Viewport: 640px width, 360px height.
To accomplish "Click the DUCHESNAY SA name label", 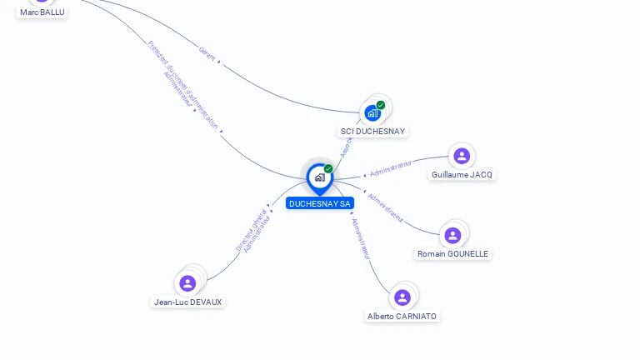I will click(x=320, y=203).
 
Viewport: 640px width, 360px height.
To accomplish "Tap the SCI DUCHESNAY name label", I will click(x=372, y=132).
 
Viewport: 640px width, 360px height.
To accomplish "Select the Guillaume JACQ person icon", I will click(x=462, y=156).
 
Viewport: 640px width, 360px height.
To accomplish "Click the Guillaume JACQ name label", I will click(x=462, y=175).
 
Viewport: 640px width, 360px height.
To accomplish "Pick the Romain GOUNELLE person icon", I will click(x=452, y=235).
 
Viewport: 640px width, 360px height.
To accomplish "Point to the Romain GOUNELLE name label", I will click(x=453, y=254).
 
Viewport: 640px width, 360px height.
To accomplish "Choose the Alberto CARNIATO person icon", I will click(x=402, y=297).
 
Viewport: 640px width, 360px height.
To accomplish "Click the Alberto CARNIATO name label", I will click(x=402, y=317).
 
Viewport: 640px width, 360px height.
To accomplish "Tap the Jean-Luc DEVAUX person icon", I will click(x=187, y=283).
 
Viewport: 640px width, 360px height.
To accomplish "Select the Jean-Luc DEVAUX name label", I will click(x=188, y=302).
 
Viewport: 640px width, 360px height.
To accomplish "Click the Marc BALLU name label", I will click(x=42, y=12).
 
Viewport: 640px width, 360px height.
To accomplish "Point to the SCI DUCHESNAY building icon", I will click(x=372, y=113).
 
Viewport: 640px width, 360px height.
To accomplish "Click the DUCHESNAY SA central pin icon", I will click(x=319, y=177).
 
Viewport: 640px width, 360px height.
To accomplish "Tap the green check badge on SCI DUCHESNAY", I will click(x=381, y=105).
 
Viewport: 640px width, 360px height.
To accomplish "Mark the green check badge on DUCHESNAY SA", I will click(x=328, y=168).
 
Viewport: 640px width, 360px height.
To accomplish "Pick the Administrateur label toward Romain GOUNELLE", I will click(x=385, y=208).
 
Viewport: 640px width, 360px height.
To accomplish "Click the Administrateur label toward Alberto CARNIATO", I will click(x=360, y=239).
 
